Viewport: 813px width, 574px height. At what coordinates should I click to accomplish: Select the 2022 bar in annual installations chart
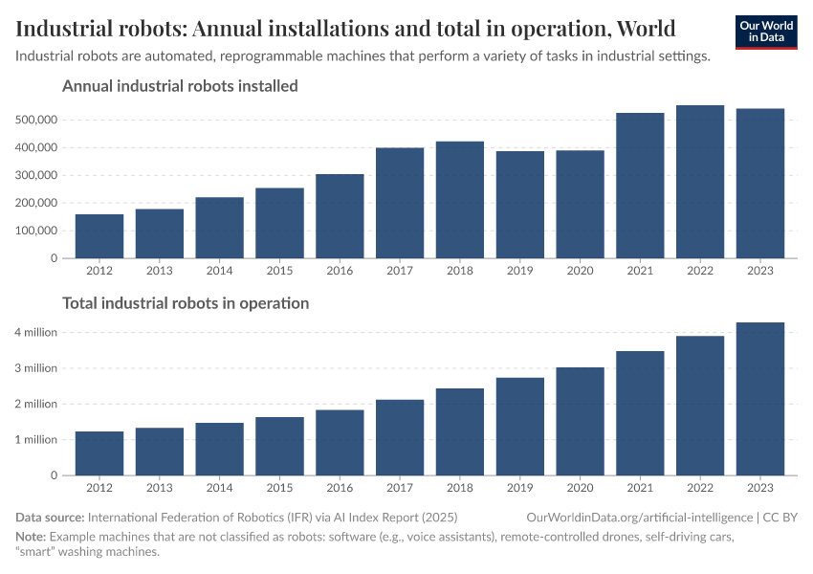[x=700, y=182]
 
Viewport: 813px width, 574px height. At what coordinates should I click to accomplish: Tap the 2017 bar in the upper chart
[x=400, y=203]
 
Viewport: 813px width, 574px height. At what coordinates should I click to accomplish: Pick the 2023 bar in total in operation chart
[x=760, y=399]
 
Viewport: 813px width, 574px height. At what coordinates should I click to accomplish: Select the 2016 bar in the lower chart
[x=340, y=442]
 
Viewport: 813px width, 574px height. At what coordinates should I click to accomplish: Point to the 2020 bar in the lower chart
[x=580, y=421]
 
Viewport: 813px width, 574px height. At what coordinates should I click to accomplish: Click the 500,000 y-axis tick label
[x=37, y=121]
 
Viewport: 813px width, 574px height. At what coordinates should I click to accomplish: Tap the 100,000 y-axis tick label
[x=37, y=231]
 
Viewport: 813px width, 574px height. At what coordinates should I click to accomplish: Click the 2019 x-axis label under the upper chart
[x=520, y=271]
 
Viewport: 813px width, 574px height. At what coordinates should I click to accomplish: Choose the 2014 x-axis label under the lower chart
[x=220, y=488]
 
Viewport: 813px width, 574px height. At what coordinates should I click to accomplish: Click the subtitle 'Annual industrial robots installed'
[x=180, y=86]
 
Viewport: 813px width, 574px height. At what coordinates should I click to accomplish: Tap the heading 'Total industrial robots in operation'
[x=186, y=303]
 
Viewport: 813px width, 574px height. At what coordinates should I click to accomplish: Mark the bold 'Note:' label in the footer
[x=31, y=536]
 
